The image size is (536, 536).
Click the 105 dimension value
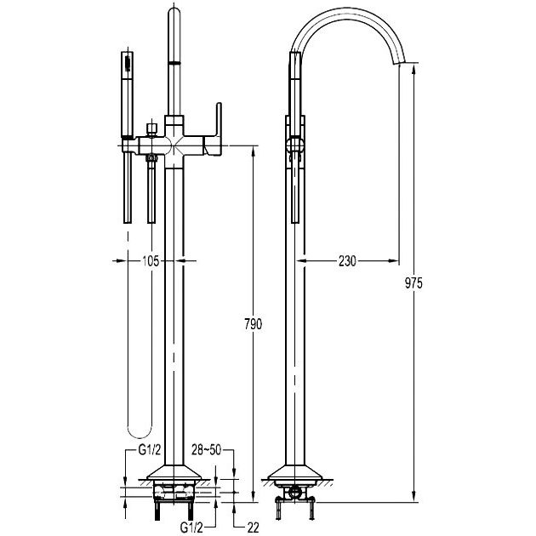click(x=151, y=261)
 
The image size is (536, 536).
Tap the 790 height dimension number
click(x=254, y=324)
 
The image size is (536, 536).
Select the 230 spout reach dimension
click(x=347, y=261)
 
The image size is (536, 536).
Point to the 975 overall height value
click(x=414, y=283)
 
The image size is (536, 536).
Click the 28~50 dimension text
click(x=206, y=450)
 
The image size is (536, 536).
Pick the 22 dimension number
click(x=253, y=527)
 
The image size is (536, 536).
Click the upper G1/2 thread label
click(x=150, y=450)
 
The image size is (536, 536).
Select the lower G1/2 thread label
click(x=191, y=527)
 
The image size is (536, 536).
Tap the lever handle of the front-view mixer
click(x=215, y=129)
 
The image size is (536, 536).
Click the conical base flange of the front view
click(x=174, y=472)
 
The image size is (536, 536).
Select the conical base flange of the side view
click(x=295, y=472)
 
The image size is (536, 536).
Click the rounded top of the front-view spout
click(x=174, y=11)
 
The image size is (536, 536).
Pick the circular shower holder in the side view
click(x=294, y=145)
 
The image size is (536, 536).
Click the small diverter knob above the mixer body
click(x=151, y=129)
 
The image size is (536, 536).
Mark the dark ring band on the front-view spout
click(x=174, y=63)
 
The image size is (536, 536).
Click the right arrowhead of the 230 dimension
click(x=395, y=261)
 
